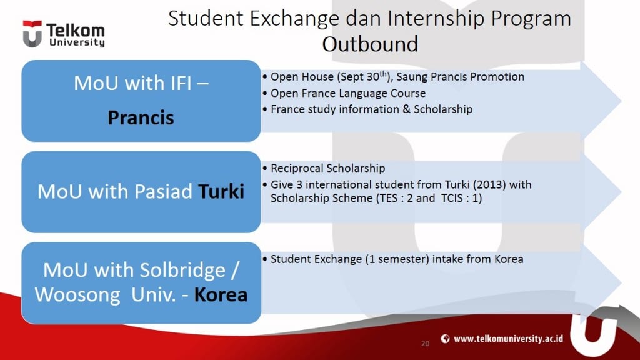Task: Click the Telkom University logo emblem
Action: click(x=32, y=34)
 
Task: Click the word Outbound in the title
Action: click(x=370, y=44)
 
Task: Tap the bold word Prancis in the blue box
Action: click(x=141, y=117)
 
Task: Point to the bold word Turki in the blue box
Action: click(x=221, y=191)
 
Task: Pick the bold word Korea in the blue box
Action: click(x=221, y=294)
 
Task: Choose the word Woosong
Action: click(x=77, y=294)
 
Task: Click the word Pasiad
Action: click(x=159, y=191)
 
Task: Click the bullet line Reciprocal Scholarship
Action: click(x=327, y=168)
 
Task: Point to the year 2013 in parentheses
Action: click(x=481, y=185)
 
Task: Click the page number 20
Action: click(x=426, y=344)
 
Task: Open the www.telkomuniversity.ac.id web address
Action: click(x=509, y=339)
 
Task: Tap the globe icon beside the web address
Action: click(x=445, y=339)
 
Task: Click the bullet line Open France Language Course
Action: click(x=347, y=93)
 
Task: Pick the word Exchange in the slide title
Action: click(x=292, y=18)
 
